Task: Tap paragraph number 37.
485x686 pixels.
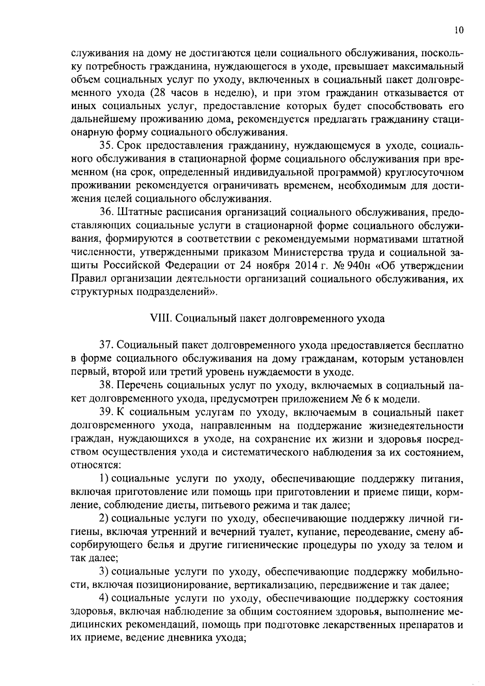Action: (x=106, y=345)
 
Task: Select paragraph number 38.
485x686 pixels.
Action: (x=106, y=385)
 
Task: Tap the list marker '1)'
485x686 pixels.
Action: (x=104, y=478)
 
